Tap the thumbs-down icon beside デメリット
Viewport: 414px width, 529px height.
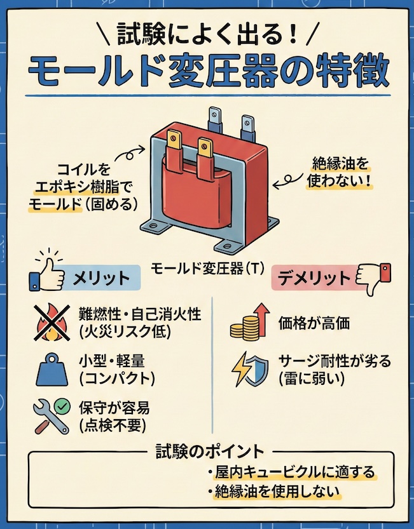click(x=373, y=277)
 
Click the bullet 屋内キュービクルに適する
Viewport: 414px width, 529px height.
click(x=289, y=473)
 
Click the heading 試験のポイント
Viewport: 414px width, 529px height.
click(x=210, y=452)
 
